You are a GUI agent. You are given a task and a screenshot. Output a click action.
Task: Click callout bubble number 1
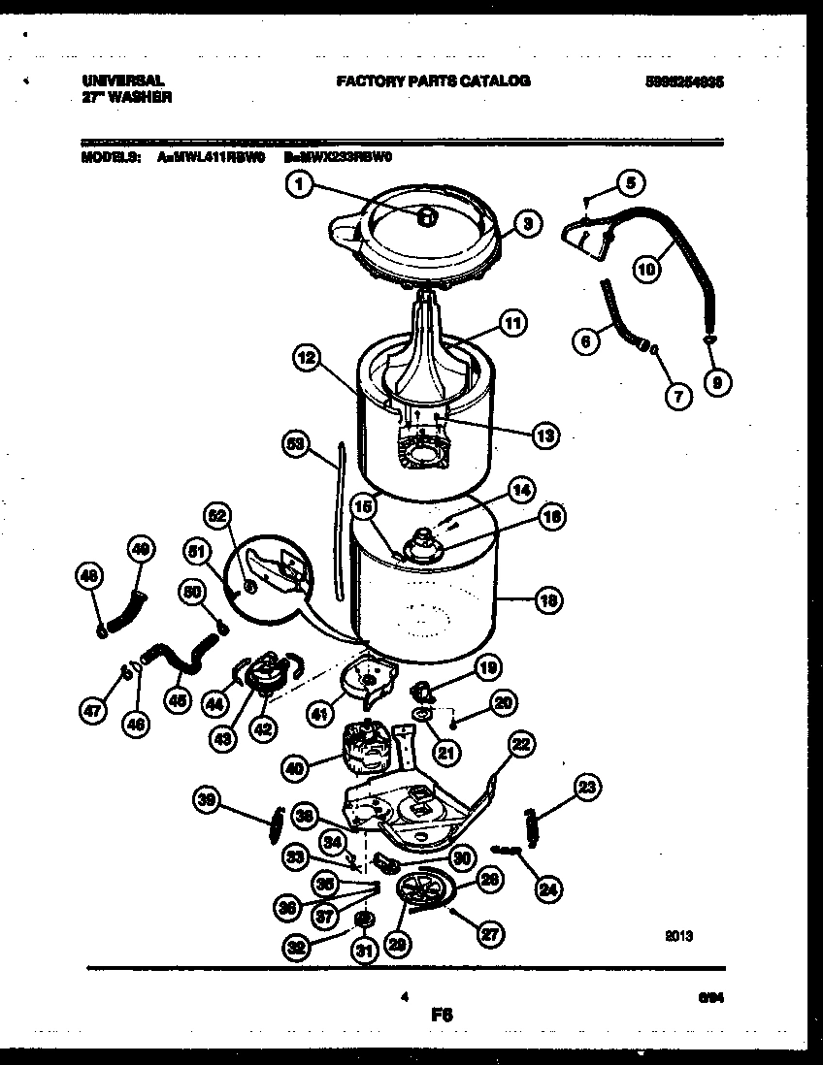click(301, 184)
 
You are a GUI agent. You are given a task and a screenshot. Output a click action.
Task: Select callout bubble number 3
click(525, 225)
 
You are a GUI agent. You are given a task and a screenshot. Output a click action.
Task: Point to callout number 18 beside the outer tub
click(548, 600)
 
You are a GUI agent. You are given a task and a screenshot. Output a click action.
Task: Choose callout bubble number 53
click(295, 444)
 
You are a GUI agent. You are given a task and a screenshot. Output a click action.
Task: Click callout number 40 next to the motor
click(295, 768)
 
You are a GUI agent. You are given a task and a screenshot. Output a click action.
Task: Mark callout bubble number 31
click(363, 952)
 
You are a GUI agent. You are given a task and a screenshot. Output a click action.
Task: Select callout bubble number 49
click(142, 551)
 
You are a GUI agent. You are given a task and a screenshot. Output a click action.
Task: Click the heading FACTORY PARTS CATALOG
click(433, 81)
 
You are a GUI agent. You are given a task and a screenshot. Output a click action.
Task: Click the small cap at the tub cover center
click(424, 217)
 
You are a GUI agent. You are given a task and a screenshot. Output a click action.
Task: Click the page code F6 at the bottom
click(442, 1016)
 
